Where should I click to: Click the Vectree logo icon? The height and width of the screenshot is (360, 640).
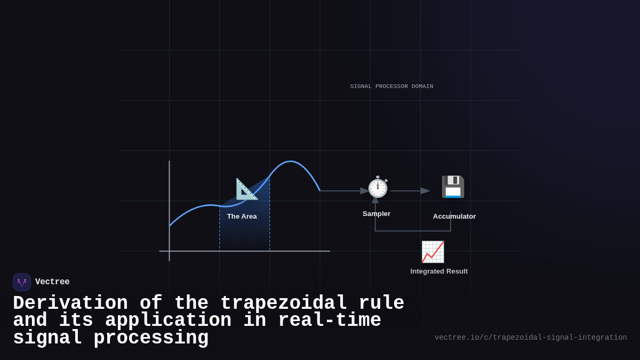[22, 282]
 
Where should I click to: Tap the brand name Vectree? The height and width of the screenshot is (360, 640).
[52, 282]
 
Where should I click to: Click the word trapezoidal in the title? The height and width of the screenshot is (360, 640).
[283, 303]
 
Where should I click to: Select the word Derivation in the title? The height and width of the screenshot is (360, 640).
[70, 303]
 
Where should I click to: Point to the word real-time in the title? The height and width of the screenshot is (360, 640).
[329, 321]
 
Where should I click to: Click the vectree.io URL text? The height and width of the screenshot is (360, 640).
[530, 338]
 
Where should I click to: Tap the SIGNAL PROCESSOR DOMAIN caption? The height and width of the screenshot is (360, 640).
[391, 86]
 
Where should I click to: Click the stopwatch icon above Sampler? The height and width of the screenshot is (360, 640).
[378, 187]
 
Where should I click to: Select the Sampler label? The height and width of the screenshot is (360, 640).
[377, 214]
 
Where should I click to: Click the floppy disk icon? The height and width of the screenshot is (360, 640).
[453, 187]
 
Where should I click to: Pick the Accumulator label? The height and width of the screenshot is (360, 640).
[454, 217]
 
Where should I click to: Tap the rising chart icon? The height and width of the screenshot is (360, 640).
[433, 252]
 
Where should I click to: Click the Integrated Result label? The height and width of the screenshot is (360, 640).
[439, 271]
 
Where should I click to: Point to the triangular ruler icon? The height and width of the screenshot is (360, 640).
[246, 189]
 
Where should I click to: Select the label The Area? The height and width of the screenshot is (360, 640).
[242, 217]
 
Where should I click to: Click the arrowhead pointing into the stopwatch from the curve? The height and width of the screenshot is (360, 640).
[365, 191]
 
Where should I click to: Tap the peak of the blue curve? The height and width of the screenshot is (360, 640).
[291, 162]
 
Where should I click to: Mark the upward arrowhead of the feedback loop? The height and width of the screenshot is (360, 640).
[375, 199]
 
